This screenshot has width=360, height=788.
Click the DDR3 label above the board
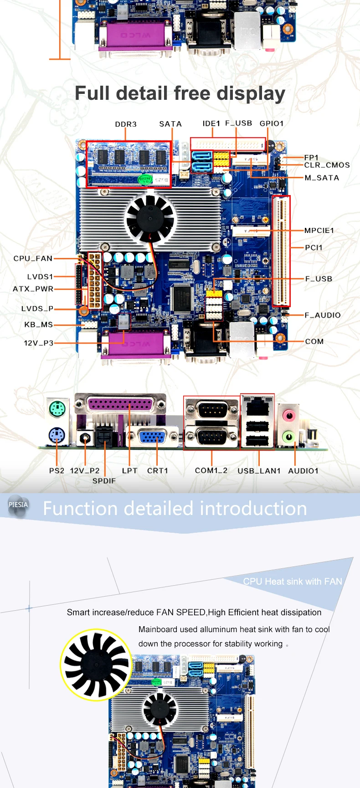tap(126, 124)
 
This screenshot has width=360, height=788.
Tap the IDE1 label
tap(211, 124)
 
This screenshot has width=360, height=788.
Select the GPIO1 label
tap(272, 124)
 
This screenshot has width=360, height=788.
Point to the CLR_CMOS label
tap(327, 165)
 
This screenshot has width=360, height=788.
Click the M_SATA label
tap(322, 178)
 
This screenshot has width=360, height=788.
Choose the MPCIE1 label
tap(319, 231)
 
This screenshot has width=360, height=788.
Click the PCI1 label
tap(314, 247)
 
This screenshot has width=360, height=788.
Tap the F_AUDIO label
tap(323, 315)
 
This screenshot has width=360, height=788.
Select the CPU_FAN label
tap(33, 258)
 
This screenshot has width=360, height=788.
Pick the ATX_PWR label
tap(33, 289)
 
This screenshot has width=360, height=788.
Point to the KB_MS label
tap(39, 324)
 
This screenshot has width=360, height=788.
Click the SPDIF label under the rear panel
tap(104, 481)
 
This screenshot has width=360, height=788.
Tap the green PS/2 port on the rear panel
tap(57, 409)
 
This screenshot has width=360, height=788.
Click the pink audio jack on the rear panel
tap(288, 415)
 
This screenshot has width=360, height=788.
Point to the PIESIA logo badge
tap(18, 506)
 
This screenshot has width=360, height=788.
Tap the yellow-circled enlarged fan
tap(96, 664)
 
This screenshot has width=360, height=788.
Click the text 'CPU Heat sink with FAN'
tap(293, 582)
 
